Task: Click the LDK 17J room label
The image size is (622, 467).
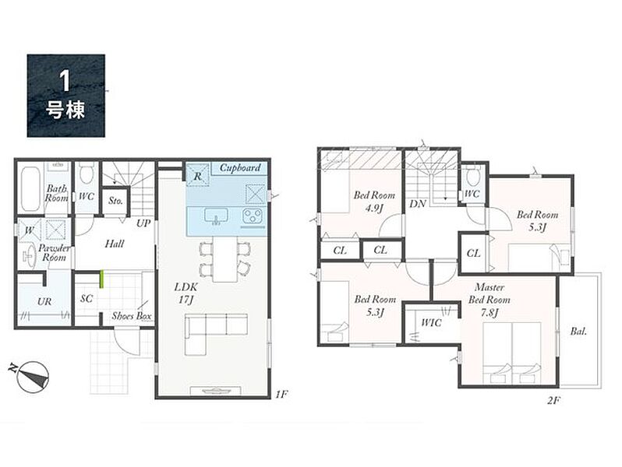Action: click(186, 293)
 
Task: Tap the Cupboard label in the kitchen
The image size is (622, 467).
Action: click(240, 168)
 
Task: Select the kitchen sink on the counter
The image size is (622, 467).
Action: click(216, 216)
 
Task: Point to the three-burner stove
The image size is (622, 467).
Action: click(253, 216)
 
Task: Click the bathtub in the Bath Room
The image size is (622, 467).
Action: click(30, 188)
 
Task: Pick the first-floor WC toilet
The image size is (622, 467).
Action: click(86, 174)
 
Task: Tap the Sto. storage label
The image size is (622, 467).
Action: click(115, 201)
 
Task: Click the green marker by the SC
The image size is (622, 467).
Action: click(101, 279)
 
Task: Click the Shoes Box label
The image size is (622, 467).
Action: click(132, 316)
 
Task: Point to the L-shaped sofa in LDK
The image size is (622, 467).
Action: click(216, 333)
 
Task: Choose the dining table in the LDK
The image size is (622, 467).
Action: click(224, 258)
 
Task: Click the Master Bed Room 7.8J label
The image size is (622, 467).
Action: click(489, 300)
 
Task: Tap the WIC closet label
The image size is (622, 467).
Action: click(431, 323)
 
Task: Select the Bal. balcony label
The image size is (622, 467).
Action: click(578, 332)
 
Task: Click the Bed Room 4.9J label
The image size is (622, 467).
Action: click(374, 202)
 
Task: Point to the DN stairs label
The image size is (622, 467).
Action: click(417, 204)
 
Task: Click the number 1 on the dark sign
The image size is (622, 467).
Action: click(65, 82)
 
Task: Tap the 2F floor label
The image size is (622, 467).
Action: click(553, 401)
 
